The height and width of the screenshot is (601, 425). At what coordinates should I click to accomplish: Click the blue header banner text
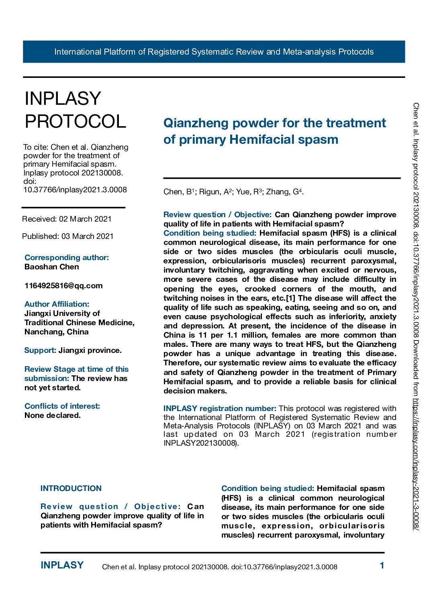(214, 52)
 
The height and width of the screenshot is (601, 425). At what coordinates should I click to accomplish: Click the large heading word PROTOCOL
(76, 121)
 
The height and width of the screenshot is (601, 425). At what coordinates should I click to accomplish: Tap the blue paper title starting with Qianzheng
(274, 131)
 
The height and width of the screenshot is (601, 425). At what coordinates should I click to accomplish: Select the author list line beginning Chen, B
(233, 192)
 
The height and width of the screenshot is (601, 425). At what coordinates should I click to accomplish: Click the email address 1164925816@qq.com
(63, 286)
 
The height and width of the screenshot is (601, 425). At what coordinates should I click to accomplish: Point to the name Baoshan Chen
(52, 267)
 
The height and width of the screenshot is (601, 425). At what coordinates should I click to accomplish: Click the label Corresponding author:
(67, 258)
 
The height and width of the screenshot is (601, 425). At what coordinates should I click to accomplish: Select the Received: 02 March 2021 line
(67, 219)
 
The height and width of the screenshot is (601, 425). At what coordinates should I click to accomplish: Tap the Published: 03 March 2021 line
(68, 236)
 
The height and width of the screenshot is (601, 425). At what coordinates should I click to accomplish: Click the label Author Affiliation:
(57, 304)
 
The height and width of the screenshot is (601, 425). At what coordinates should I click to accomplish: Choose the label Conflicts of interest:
(62, 406)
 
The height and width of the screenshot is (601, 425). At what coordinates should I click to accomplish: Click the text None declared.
(53, 416)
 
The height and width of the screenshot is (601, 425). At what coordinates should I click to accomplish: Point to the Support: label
(40, 350)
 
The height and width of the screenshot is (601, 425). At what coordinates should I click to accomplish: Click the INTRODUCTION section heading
(71, 489)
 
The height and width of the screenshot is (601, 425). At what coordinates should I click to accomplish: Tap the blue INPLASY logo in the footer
(62, 565)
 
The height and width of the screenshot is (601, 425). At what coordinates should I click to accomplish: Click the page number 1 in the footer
(382, 566)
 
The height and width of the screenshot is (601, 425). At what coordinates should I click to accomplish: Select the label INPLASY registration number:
(220, 409)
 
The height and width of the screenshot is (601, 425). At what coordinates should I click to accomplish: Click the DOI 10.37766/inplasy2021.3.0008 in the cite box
(75, 190)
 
